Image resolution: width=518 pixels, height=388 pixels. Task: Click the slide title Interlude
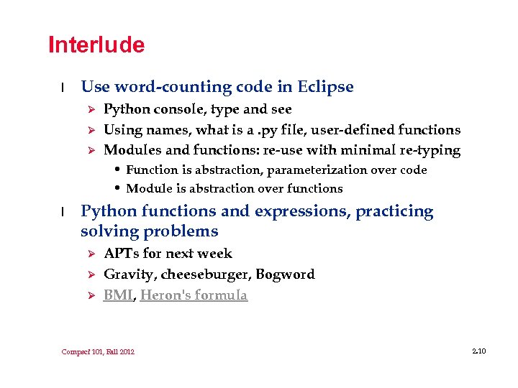click(x=96, y=45)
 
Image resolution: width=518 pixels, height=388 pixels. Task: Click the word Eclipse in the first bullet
click(x=324, y=87)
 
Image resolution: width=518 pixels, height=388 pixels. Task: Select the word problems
click(x=181, y=231)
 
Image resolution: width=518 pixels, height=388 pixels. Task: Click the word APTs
click(x=122, y=253)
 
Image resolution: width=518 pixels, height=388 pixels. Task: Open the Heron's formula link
click(x=194, y=295)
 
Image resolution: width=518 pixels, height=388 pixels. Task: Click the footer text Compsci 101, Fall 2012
click(x=98, y=351)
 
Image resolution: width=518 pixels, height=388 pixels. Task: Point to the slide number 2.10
click(x=479, y=351)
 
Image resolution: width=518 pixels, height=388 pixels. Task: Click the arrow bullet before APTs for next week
click(x=91, y=254)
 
